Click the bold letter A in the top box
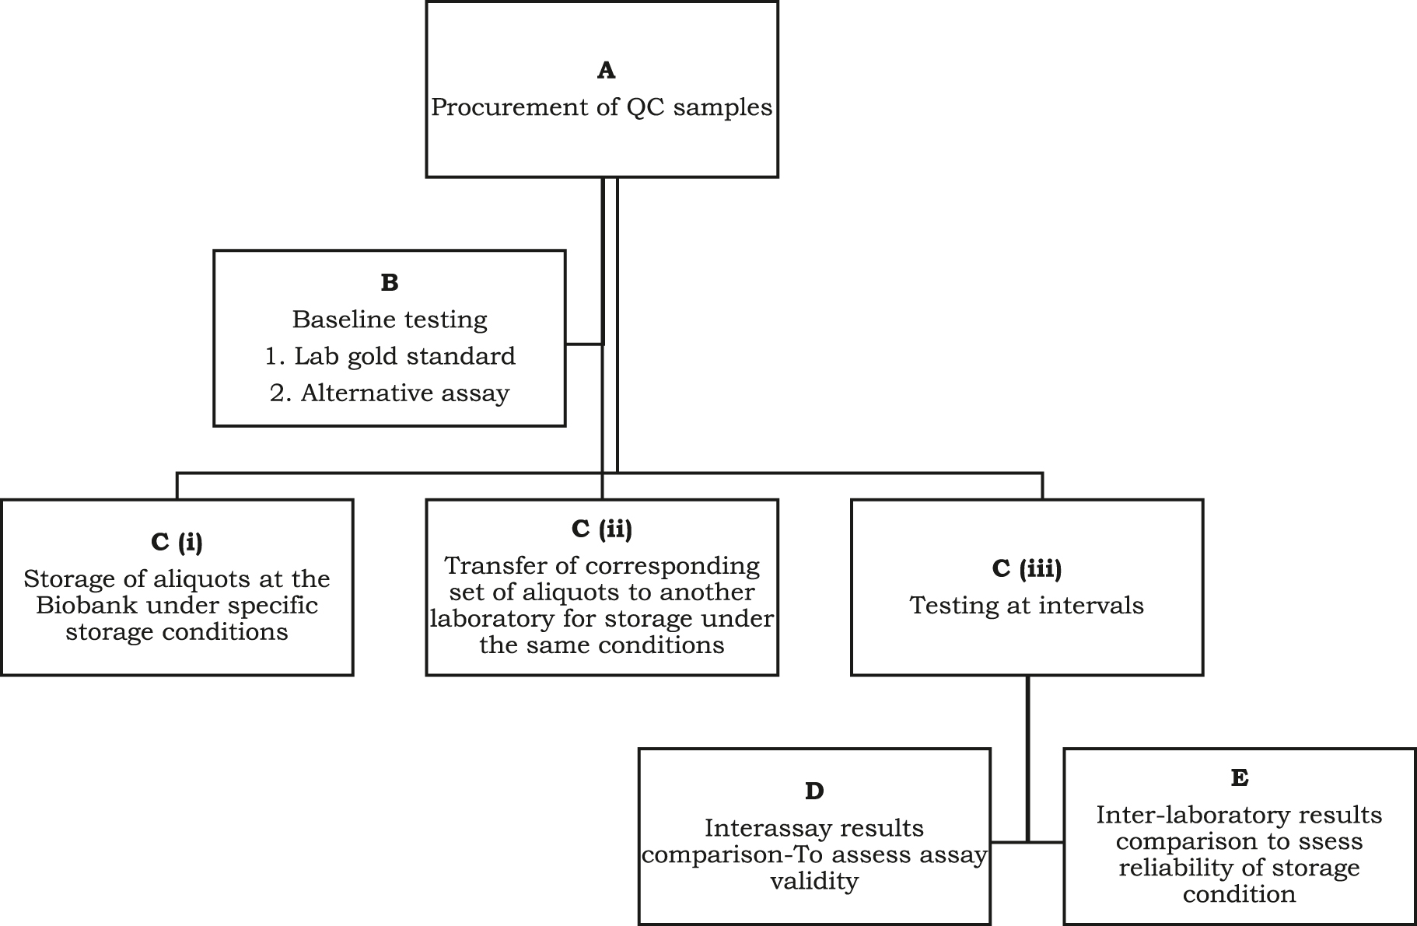pyautogui.click(x=606, y=71)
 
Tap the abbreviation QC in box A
pyautogui.click(x=646, y=107)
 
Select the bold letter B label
pyautogui.click(x=390, y=283)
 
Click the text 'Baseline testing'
pyautogui.click(x=390, y=320)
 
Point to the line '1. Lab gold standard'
pyautogui.click(x=390, y=356)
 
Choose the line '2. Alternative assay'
pyautogui.click(x=390, y=393)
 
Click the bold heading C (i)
pyautogui.click(x=177, y=542)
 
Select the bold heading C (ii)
pyautogui.click(x=602, y=529)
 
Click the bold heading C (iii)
pyautogui.click(x=1027, y=568)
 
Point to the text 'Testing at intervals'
pyautogui.click(x=1027, y=606)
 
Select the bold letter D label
pyautogui.click(x=813, y=791)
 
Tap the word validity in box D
pyautogui.click(x=813, y=882)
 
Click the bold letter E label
pyautogui.click(x=1239, y=778)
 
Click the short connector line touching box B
pyautogui.click(x=583, y=343)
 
